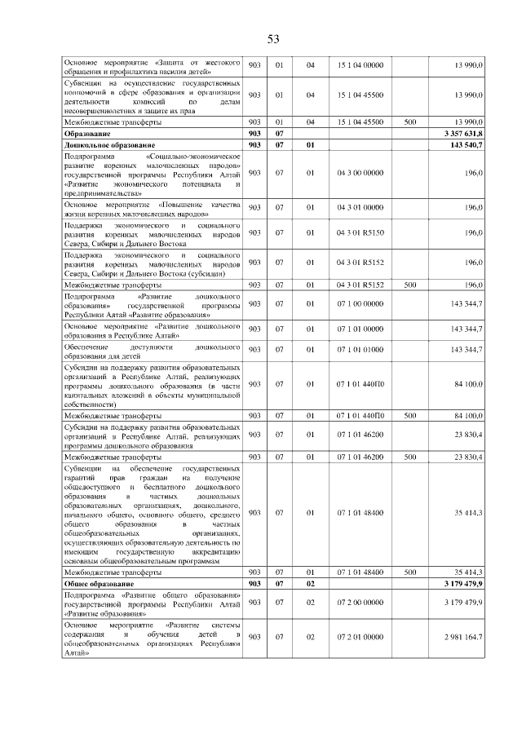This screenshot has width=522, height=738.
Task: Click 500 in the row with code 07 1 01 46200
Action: pyautogui.click(x=410, y=456)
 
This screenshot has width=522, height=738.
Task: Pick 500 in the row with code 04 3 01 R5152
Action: pyautogui.click(x=410, y=285)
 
